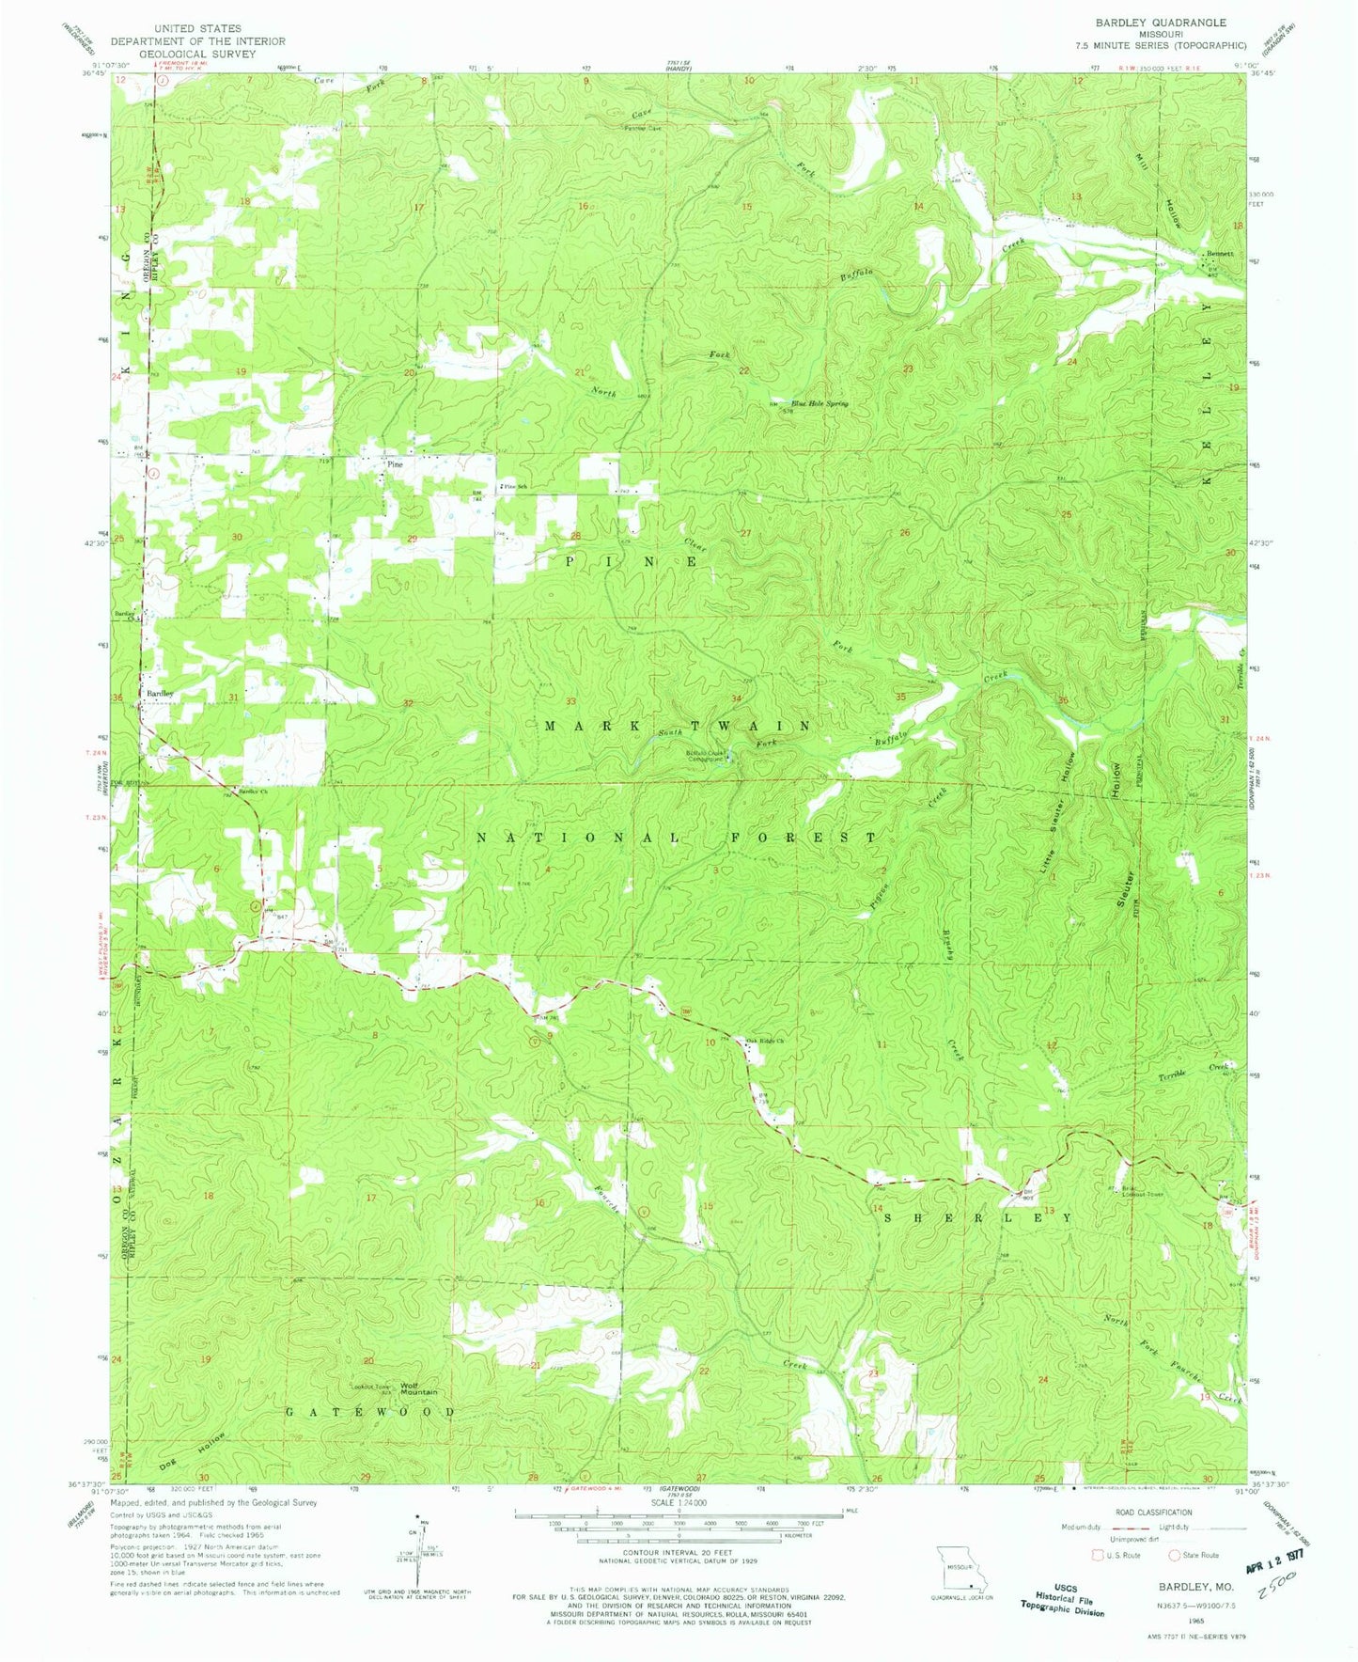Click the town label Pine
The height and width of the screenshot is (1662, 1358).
393,463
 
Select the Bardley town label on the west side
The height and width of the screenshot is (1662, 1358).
160,693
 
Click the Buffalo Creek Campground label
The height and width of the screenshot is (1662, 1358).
710,756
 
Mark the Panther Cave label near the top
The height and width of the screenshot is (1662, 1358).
644,129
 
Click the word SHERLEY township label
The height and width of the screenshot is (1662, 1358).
976,1217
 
